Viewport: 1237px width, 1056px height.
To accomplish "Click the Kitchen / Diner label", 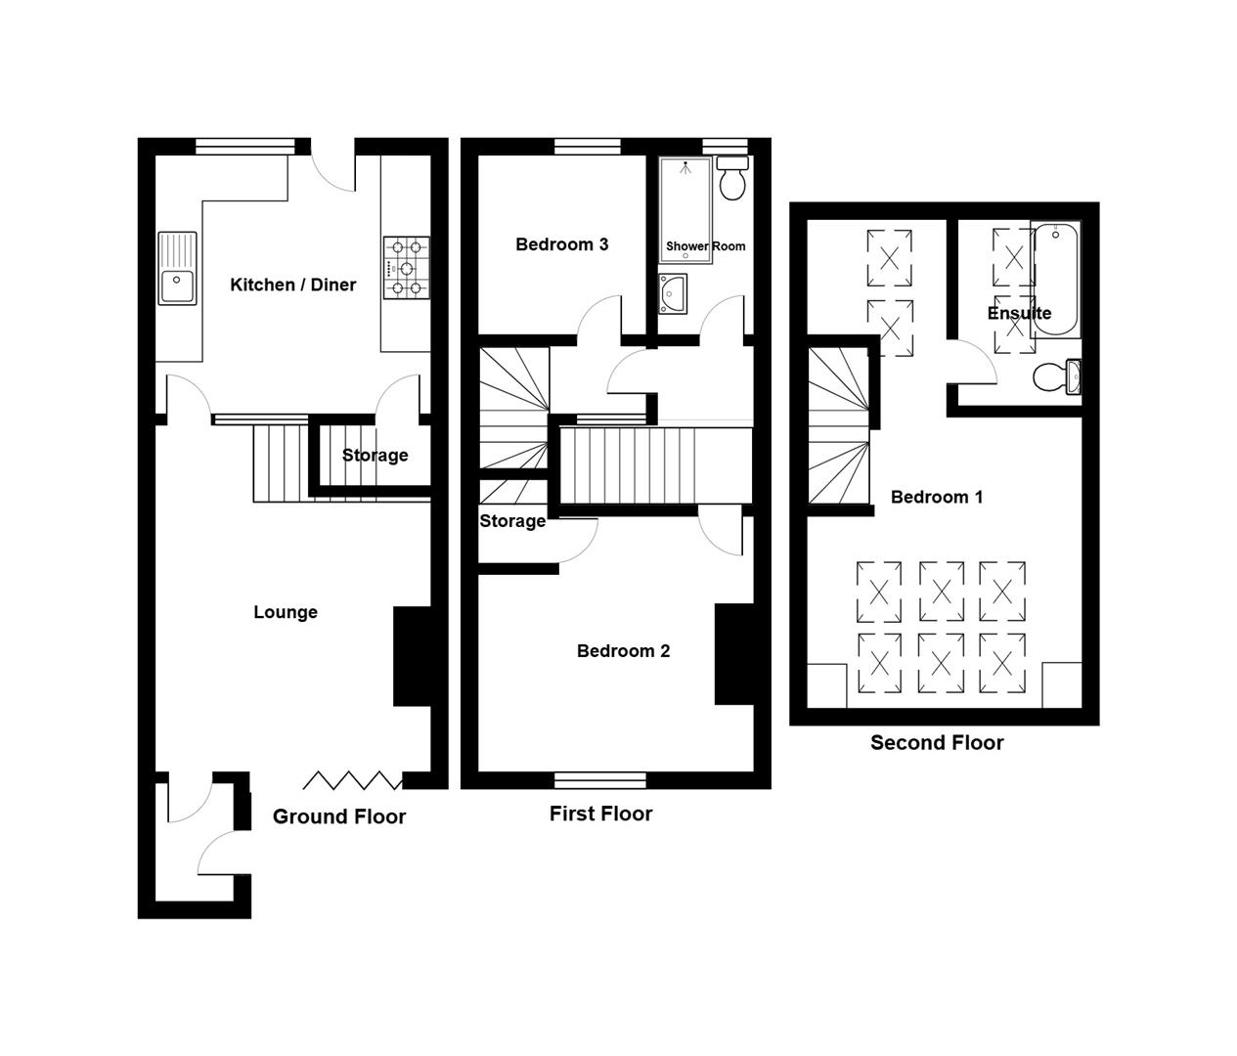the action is (292, 285).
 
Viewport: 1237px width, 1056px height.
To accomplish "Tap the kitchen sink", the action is (177, 268).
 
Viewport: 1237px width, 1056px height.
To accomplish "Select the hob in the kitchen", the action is (407, 268).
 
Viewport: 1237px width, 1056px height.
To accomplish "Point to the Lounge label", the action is (286, 612).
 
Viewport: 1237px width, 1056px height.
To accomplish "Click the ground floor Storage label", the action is (376, 456).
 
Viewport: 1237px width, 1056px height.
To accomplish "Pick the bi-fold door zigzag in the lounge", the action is (352, 781).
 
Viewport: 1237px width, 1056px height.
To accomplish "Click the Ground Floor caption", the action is (339, 816).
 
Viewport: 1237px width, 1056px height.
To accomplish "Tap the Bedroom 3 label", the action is (562, 244).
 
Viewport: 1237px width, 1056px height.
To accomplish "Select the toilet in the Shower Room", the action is (732, 178).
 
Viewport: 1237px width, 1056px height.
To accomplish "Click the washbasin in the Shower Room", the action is (673, 293).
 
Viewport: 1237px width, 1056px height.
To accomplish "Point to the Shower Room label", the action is (706, 245).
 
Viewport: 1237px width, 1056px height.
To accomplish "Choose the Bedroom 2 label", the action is (623, 651).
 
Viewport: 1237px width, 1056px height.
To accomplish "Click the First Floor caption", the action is (600, 814).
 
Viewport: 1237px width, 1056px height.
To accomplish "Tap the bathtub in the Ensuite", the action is (1056, 280).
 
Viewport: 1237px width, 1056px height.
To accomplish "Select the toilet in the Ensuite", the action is (1057, 376).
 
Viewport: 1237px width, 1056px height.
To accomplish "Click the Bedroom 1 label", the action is (937, 497).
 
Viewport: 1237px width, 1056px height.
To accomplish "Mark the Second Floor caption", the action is (937, 742).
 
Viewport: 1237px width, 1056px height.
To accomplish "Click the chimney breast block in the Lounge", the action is (413, 656).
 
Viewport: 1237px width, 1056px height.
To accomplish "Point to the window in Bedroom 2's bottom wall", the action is (600, 780).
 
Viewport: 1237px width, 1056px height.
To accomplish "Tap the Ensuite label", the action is (1019, 313).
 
